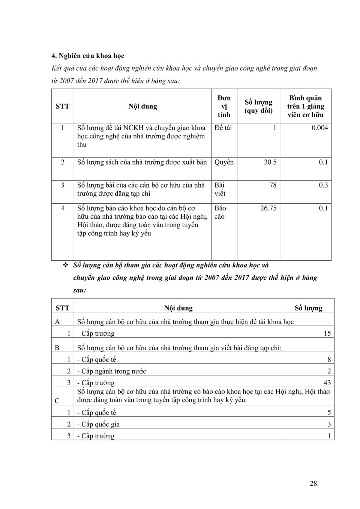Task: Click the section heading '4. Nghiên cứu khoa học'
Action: click(88, 56)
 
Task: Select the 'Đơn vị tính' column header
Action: click(224, 107)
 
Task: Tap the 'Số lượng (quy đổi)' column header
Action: click(258, 107)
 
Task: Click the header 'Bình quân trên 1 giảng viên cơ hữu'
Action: click(305, 107)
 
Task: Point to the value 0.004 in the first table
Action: click(319, 128)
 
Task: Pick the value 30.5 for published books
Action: click(270, 162)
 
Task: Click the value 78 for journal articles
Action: click(273, 185)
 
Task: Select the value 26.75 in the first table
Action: click(268, 208)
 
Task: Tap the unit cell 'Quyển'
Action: click(224, 162)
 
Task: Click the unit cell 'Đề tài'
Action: click(223, 128)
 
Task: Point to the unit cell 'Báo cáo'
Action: click(220, 212)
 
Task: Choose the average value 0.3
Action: click(323, 185)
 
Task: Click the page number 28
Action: click(313, 483)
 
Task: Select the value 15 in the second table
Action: click(327, 333)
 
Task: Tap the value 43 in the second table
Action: click(327, 383)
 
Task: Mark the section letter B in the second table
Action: click(57, 348)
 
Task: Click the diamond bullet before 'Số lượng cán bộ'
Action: click(66, 265)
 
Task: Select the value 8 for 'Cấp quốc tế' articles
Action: click(329, 360)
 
